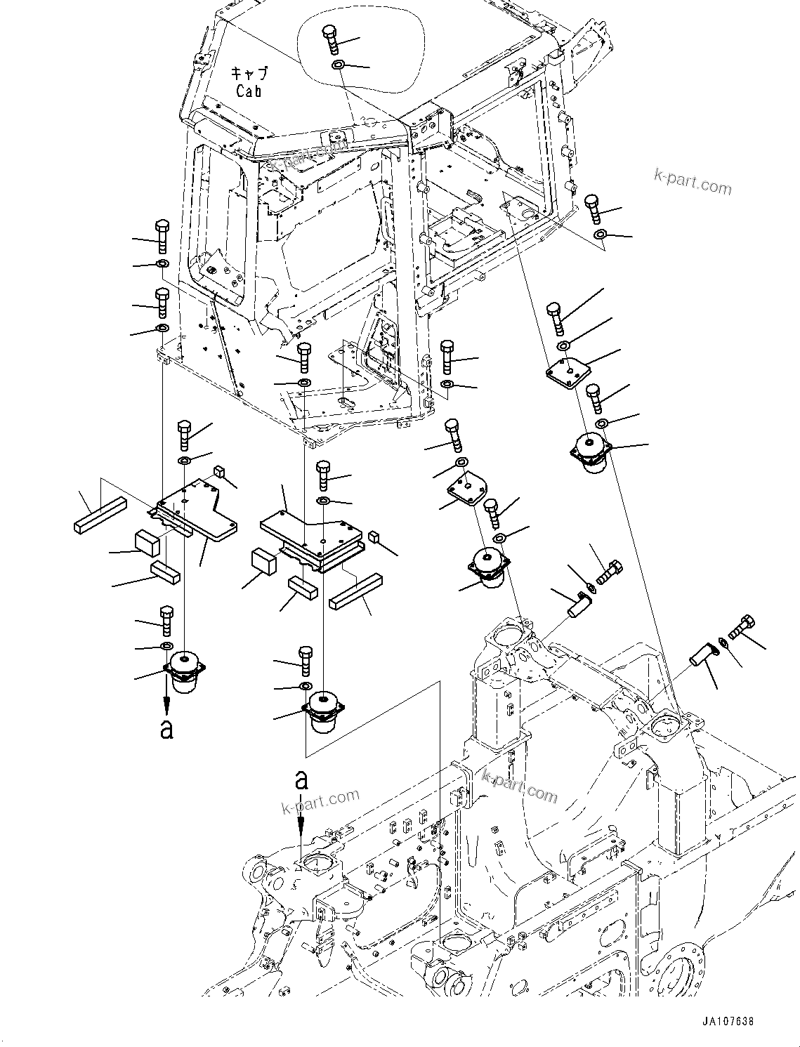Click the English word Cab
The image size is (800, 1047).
point(249,91)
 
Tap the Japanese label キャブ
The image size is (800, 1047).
point(250,73)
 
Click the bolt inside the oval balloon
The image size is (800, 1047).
point(330,39)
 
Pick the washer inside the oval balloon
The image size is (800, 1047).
point(337,65)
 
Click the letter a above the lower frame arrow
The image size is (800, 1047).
point(301,779)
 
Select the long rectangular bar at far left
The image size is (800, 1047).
point(100,517)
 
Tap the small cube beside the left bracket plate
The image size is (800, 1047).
point(218,471)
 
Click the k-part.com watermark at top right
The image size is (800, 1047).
point(693,185)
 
